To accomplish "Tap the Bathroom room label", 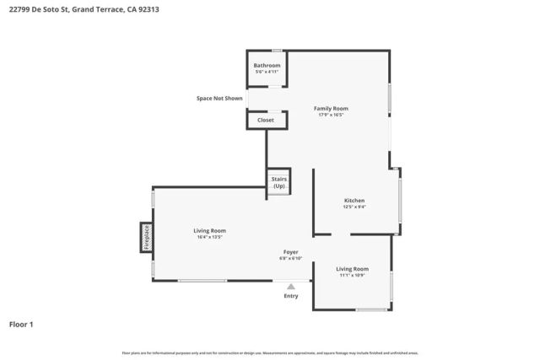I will pyautogui.click(x=267, y=65).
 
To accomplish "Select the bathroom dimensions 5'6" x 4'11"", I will pyautogui.click(x=267, y=73).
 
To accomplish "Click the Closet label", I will pyautogui.click(x=266, y=121).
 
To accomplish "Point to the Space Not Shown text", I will pyautogui.click(x=219, y=99).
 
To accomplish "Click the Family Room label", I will pyautogui.click(x=331, y=108).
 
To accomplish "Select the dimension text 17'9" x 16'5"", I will pyautogui.click(x=331, y=116).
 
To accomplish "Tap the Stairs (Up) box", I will pyautogui.click(x=278, y=182).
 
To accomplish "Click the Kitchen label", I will pyautogui.click(x=354, y=200).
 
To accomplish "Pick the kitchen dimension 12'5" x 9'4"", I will pyautogui.click(x=354, y=207).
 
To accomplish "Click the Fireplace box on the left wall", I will pyautogui.click(x=145, y=237).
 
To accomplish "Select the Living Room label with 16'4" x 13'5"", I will pyautogui.click(x=209, y=230).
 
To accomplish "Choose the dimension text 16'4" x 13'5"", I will pyautogui.click(x=209, y=238).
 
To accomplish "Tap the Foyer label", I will pyautogui.click(x=290, y=251).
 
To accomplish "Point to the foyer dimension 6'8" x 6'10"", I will pyautogui.click(x=290, y=259).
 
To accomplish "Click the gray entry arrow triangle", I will pyautogui.click(x=291, y=287).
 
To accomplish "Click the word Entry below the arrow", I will pyautogui.click(x=291, y=296).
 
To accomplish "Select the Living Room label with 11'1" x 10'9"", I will pyautogui.click(x=353, y=268).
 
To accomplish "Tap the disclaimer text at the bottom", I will pyautogui.click(x=269, y=352).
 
